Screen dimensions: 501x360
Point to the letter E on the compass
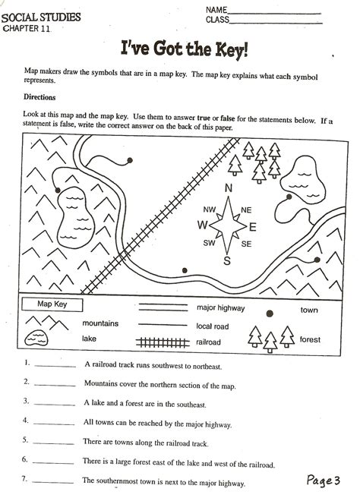point(252,226)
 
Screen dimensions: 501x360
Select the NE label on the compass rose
point(245,210)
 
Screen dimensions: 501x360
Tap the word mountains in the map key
point(100,323)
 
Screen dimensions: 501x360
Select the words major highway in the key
point(220,308)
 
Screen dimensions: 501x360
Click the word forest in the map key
point(310,339)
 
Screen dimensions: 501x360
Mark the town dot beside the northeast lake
point(288,197)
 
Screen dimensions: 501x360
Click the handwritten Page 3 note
point(323,480)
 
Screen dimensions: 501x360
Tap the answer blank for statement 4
point(55,423)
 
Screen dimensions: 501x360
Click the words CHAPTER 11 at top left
point(27,28)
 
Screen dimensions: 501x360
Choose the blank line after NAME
point(275,10)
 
